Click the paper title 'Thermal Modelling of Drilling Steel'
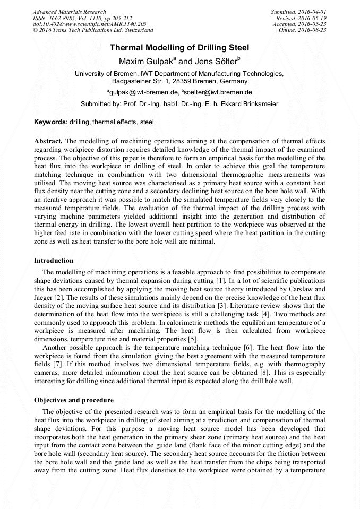point(179,48)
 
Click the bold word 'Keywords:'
point(51,122)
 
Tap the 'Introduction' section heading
point(54,261)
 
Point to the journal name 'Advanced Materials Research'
point(70,12)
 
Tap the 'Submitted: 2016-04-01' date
point(298,12)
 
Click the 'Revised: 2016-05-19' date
point(301,18)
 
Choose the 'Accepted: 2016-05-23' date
point(299,24)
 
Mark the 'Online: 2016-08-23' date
point(303,30)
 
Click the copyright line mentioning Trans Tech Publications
point(93,30)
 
